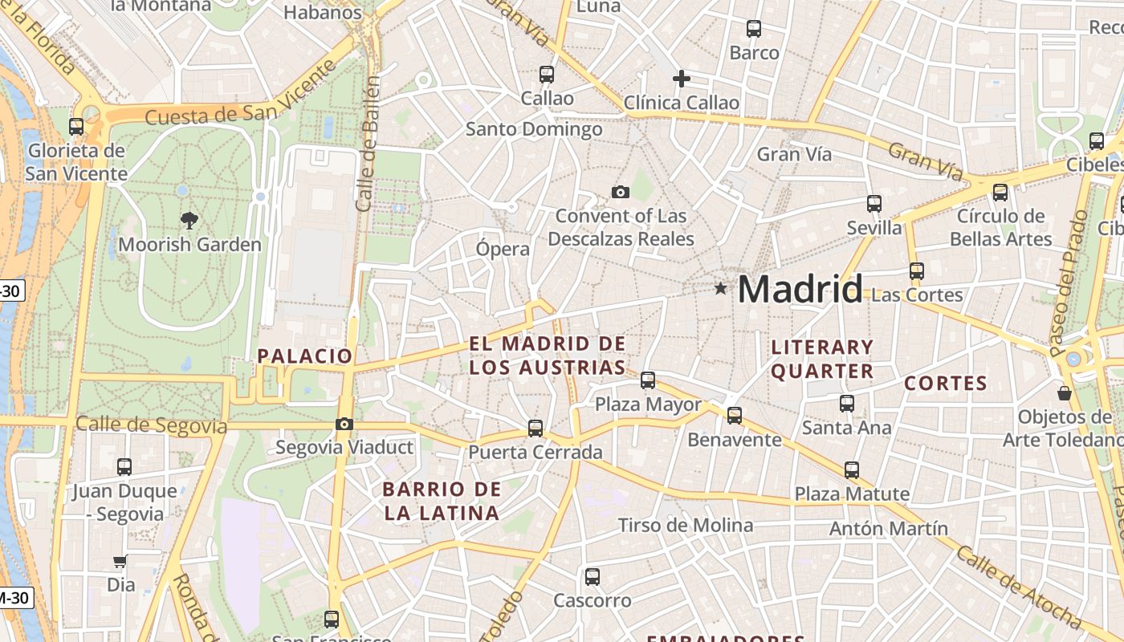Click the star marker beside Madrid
pos(721,288)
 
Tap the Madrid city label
pos(800,289)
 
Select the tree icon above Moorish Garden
pos(189,219)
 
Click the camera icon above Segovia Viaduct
pos(344,424)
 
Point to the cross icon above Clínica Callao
pos(681,79)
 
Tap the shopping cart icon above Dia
pos(120,562)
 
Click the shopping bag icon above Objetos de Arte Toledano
pos(1065,393)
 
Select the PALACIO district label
pos(305,356)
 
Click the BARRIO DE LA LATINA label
pos(442,501)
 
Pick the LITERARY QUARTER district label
pos(821,359)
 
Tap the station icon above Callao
pos(547,75)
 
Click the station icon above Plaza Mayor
pos(648,380)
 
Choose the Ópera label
pos(503,249)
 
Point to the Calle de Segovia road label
pos(151,425)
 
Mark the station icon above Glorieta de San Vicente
pos(76,127)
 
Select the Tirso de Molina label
pos(685,526)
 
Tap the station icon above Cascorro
pos(593,576)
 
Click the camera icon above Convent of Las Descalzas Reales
pos(620,192)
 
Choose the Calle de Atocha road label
pos(1019,587)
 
